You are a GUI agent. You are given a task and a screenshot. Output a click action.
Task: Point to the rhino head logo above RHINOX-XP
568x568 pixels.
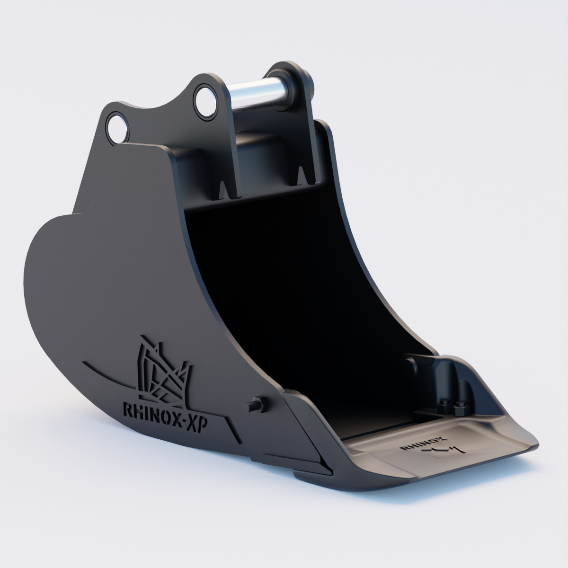(163, 370)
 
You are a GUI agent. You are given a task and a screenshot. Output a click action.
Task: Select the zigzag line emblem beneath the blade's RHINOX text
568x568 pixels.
(440, 453)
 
